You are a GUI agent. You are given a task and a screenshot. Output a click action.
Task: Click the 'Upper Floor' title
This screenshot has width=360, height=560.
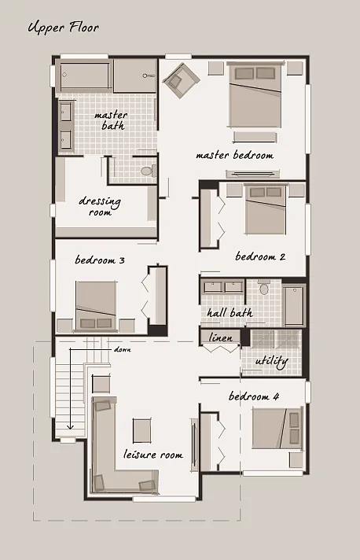click(x=63, y=29)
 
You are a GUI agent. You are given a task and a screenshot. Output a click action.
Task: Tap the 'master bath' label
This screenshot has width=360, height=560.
click(x=111, y=120)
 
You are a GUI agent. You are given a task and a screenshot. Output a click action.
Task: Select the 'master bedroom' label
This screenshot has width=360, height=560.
click(x=235, y=155)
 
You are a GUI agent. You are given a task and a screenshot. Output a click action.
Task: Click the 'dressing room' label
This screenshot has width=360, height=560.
click(x=100, y=206)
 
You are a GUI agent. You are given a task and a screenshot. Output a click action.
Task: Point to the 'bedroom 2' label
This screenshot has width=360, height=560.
click(x=259, y=256)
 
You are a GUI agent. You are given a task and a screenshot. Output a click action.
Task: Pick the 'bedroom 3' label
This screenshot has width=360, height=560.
click(x=100, y=260)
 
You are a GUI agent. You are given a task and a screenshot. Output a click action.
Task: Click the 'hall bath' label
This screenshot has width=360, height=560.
click(x=230, y=313)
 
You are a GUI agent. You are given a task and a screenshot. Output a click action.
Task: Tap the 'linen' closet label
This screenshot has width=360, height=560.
click(x=220, y=338)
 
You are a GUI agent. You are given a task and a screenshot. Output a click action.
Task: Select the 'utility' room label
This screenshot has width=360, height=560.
click(x=271, y=361)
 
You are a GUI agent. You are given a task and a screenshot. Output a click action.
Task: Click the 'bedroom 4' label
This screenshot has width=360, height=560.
click(x=254, y=396)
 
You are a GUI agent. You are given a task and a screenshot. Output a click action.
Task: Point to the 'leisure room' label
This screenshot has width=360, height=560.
click(x=153, y=455)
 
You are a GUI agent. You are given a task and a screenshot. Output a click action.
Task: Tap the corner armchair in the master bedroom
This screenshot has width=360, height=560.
click(x=182, y=78)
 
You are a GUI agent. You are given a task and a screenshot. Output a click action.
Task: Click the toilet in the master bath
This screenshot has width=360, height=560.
click(x=144, y=169)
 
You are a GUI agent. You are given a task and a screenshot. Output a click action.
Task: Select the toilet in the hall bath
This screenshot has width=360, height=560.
click(x=264, y=289)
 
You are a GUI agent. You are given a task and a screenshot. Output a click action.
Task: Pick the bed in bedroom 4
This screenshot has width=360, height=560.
click(x=277, y=429)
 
